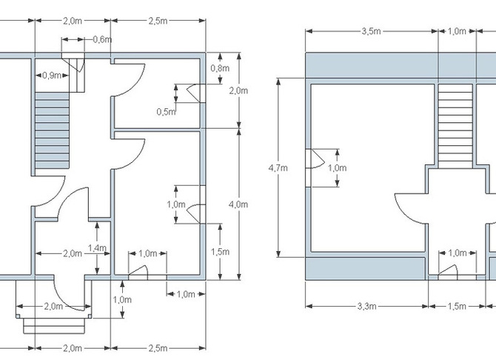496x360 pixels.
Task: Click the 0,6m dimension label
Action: [x=102, y=39]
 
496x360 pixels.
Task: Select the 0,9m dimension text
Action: [x=52, y=76]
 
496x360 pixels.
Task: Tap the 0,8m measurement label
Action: [x=220, y=68]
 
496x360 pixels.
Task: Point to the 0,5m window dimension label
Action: [x=166, y=112]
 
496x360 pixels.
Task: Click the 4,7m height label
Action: [x=278, y=168]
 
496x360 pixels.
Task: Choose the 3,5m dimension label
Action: [x=372, y=31]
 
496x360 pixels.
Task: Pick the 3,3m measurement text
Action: [x=367, y=306]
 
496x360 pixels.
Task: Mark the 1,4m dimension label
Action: [x=97, y=248]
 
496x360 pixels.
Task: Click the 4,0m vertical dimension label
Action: [x=238, y=204]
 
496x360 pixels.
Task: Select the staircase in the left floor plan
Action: [x=52, y=130]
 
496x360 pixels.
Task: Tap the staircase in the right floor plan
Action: [x=455, y=126]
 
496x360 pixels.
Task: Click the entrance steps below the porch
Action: [x=54, y=326]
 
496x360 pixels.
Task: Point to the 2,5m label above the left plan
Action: [x=158, y=21]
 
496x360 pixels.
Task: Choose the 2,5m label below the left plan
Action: [x=158, y=348]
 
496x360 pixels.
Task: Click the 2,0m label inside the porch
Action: [x=53, y=306]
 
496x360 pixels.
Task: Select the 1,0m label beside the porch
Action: [x=122, y=299]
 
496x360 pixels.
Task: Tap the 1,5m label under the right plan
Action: [x=457, y=306]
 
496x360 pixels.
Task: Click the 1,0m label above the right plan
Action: [x=457, y=31]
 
